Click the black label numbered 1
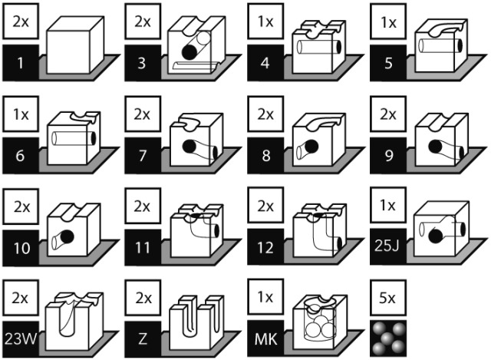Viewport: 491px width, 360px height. point(21,63)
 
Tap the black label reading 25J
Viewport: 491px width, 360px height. point(388,246)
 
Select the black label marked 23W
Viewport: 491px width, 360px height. point(21,339)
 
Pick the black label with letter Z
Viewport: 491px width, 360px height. point(143,339)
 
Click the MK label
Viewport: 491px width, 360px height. point(265,339)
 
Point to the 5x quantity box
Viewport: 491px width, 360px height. point(388,298)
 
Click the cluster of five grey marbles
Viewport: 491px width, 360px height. point(388,339)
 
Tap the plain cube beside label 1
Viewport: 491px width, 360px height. point(75,45)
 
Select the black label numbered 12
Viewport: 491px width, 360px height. point(265,247)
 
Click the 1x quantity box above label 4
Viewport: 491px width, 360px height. point(265,21)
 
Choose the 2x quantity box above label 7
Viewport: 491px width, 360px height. point(143,114)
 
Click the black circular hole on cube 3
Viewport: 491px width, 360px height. point(189,52)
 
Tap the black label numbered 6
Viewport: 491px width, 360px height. point(21,155)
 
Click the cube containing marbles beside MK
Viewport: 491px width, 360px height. point(320,322)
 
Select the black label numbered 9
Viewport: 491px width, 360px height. point(388,155)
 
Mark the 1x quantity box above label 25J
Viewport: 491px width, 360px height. point(388,206)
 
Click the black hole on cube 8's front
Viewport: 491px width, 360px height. point(311,147)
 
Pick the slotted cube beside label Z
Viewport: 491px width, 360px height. point(196,322)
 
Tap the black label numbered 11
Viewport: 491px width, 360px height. point(143,247)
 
